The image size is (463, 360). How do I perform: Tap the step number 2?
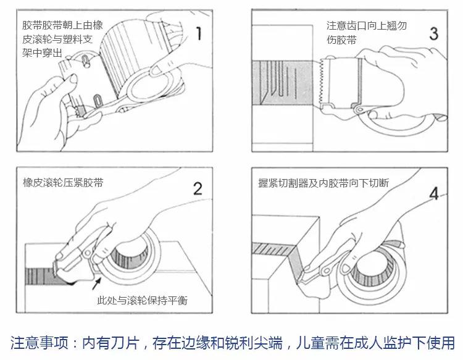tap(197, 188)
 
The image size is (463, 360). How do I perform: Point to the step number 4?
tap(434, 193)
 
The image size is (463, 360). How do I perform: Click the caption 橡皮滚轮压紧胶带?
tap(63, 183)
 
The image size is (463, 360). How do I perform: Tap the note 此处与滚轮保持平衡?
tap(142, 301)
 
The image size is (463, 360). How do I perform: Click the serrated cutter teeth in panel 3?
tap(322, 83)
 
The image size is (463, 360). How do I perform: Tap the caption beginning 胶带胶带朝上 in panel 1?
tap(62, 40)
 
